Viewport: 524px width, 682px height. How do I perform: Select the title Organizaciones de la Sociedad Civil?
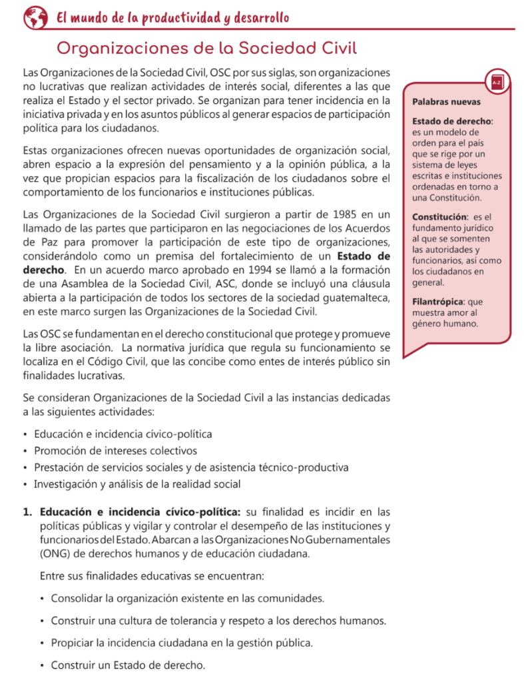[207, 49]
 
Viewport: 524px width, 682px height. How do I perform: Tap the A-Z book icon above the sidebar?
[496, 82]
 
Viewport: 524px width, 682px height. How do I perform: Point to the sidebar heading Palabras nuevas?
[446, 103]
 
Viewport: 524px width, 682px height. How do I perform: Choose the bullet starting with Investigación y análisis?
[136, 484]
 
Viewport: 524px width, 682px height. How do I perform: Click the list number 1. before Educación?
[27, 512]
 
